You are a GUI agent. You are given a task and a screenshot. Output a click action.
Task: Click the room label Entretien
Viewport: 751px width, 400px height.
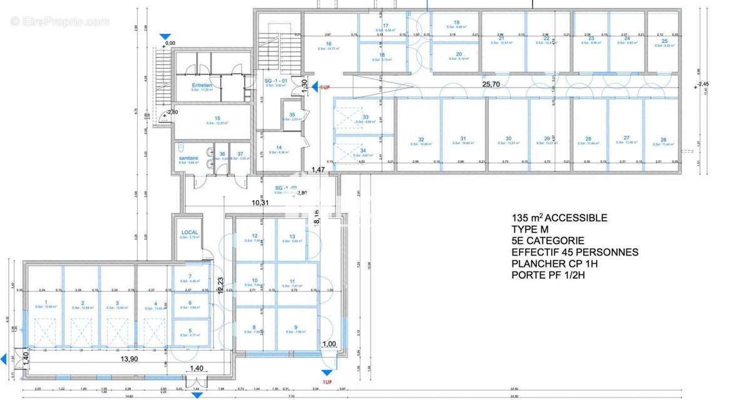click(202, 85)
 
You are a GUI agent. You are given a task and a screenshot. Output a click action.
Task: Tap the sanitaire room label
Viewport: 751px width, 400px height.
click(188, 158)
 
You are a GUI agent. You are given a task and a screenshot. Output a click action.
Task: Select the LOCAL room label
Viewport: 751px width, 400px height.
click(190, 232)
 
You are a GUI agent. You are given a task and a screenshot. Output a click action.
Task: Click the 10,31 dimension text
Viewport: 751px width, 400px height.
click(260, 202)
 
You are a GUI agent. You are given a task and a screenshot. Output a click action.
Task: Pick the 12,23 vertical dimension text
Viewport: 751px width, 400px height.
click(220, 285)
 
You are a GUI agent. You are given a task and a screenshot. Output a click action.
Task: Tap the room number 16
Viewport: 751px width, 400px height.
click(328, 44)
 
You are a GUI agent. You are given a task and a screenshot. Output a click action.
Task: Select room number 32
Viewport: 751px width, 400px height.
click(421, 139)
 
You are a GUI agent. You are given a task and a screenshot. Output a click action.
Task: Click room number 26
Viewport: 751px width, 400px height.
click(663, 139)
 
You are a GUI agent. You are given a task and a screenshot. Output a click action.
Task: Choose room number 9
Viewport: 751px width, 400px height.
click(295, 327)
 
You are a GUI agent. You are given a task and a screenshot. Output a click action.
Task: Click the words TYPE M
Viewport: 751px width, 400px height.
click(530, 229)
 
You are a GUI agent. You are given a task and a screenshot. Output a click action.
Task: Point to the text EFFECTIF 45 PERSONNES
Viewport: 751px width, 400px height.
click(575, 252)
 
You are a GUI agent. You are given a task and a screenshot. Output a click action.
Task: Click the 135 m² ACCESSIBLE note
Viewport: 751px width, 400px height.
click(559, 218)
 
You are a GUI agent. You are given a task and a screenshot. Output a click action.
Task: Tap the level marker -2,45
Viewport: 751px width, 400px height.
click(704, 84)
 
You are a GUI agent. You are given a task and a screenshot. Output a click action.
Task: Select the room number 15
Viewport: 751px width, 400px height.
click(217, 118)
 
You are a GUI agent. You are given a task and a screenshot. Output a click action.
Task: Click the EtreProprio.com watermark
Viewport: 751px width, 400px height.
click(59, 22)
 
